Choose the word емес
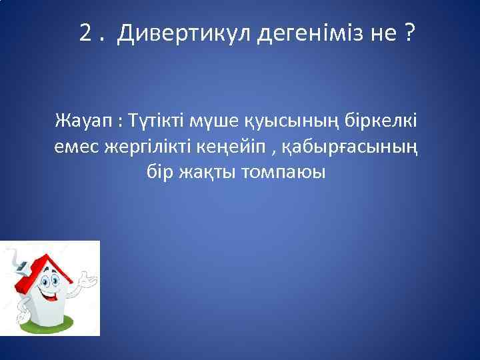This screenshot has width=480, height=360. point(77,147)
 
